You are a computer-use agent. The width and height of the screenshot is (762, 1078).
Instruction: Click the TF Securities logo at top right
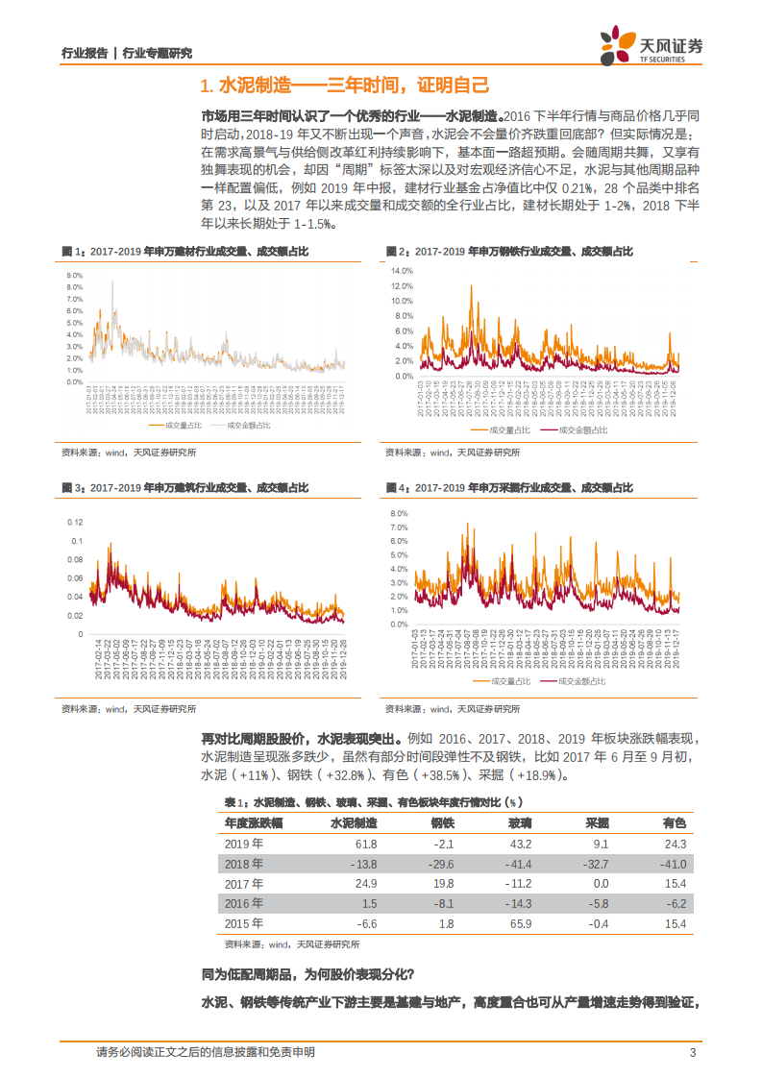[x=651, y=45]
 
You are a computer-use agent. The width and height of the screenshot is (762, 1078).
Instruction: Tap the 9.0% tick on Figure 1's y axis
[x=74, y=274]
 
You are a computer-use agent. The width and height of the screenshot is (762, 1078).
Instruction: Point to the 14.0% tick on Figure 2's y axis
[x=401, y=271]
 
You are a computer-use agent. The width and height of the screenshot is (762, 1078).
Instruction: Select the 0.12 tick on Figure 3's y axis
[x=73, y=522]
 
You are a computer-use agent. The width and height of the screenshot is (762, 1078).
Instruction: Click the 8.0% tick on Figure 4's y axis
[x=399, y=514]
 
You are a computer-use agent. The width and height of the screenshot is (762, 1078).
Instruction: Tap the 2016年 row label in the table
[x=243, y=904]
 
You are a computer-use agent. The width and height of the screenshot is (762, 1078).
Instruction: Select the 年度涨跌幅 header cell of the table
[x=254, y=823]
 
